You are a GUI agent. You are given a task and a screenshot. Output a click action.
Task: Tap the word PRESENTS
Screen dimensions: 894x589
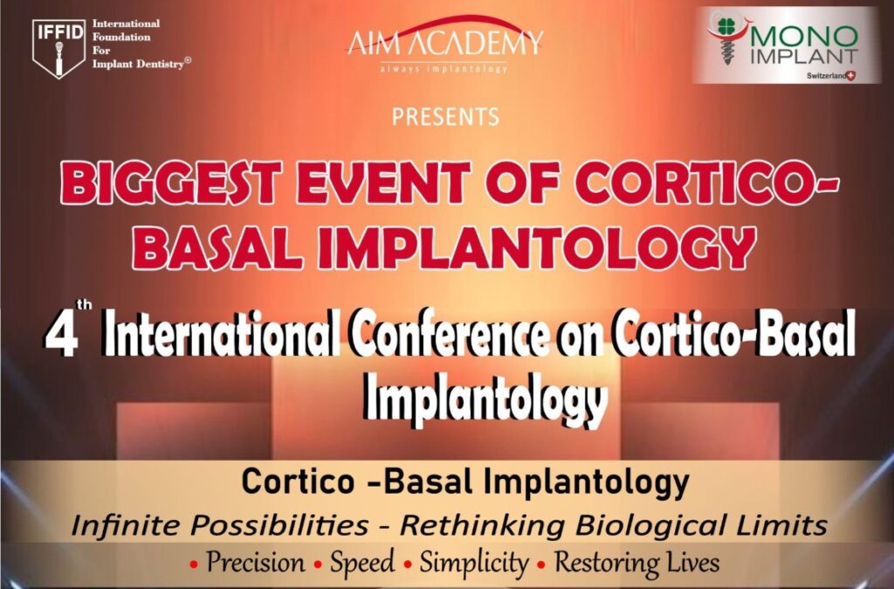(x=445, y=117)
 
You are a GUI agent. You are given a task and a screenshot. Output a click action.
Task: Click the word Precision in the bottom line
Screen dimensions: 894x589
(x=255, y=562)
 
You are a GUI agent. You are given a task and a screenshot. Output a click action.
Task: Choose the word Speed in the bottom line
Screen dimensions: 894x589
(x=362, y=562)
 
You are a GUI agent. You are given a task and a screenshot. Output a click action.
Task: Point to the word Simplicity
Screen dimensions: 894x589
(x=473, y=563)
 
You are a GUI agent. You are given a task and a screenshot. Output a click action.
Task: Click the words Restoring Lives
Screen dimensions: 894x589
(x=636, y=562)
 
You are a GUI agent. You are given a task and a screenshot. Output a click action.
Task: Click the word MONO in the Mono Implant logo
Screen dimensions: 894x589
(x=804, y=38)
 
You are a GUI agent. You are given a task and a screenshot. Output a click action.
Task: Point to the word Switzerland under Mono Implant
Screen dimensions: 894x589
(x=827, y=76)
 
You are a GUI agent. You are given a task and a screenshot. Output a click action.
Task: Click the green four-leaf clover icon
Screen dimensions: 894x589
(x=724, y=26)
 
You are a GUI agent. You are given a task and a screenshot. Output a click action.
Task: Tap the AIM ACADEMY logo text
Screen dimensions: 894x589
(x=445, y=42)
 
